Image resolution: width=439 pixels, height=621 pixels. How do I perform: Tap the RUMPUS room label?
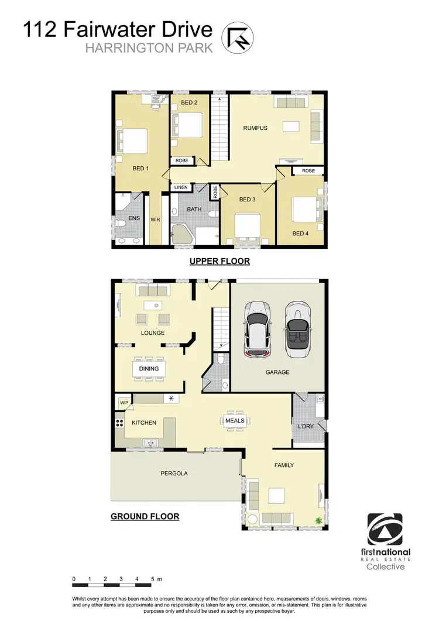click(255, 128)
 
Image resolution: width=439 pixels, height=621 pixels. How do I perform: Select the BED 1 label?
click(141, 169)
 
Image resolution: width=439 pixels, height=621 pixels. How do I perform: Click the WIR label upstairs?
click(155, 219)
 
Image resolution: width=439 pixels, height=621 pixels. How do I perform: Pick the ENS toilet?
click(120, 222)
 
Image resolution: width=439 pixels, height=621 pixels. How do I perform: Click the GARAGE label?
click(277, 372)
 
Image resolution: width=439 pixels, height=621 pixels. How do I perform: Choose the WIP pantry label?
click(124, 403)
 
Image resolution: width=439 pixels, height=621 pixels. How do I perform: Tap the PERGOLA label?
click(174, 474)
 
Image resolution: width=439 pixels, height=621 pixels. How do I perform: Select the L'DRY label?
click(306, 426)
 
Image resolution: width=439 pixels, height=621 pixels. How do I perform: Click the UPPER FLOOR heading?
click(220, 262)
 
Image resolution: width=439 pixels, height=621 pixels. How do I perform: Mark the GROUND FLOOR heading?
click(145, 516)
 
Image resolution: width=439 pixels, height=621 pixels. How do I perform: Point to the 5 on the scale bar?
click(152, 579)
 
